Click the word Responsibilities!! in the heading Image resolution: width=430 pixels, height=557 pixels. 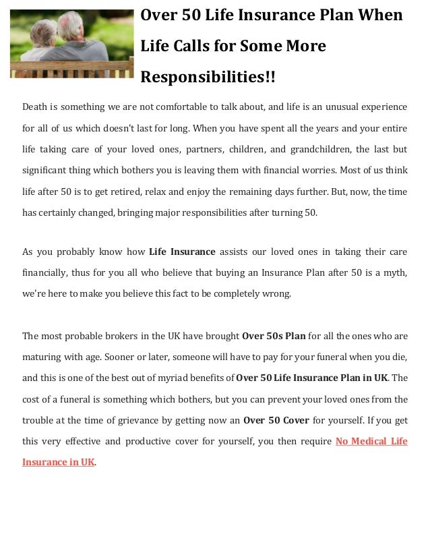click(208, 78)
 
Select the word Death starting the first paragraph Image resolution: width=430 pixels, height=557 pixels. click(35, 107)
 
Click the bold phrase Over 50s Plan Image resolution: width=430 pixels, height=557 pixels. click(274, 335)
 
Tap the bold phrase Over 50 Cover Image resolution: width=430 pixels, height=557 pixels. click(276, 420)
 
